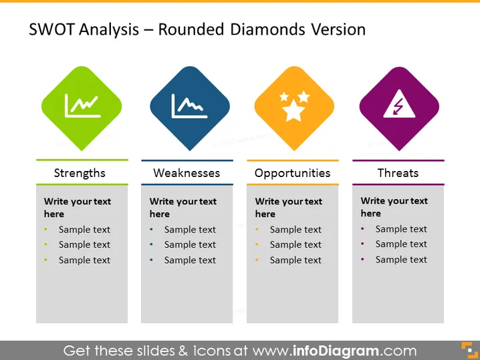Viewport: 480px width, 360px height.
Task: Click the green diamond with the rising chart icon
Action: [82, 108]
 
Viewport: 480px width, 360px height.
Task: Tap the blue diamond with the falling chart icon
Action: [190, 108]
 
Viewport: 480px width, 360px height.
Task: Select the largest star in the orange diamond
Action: [293, 110]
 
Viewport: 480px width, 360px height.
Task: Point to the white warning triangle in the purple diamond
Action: [399, 104]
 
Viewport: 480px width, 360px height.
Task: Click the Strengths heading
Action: [80, 173]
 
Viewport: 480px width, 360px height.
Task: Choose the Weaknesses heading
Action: [187, 173]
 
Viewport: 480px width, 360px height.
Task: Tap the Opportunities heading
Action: [292, 174]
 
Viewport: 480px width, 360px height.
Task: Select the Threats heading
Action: [398, 173]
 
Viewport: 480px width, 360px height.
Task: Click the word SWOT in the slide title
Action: [51, 29]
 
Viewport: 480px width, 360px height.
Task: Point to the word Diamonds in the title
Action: [267, 29]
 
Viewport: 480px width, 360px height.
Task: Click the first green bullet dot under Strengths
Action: [45, 229]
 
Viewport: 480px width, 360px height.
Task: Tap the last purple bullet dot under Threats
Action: [362, 259]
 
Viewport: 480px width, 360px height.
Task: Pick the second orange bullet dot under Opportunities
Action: [257, 244]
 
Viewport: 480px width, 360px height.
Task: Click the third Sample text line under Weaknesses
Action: [190, 260]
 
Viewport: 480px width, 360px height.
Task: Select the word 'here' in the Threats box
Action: [371, 213]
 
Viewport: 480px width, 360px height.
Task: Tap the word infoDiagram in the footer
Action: [336, 351]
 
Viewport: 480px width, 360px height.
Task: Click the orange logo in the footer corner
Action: [469, 350]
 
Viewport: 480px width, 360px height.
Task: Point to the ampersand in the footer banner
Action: [183, 351]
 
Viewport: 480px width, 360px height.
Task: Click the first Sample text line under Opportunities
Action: [295, 229]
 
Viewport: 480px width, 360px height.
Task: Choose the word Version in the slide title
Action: [338, 29]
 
